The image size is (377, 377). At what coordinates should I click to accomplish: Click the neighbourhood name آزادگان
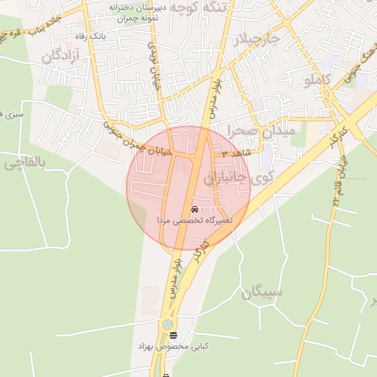click(60, 56)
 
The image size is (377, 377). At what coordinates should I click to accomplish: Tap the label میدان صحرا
click(261, 130)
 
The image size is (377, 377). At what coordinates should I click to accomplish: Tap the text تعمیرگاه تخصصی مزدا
click(194, 220)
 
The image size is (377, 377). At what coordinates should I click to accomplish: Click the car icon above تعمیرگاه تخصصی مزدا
click(194, 209)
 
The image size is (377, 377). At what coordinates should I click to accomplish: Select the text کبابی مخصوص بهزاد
click(172, 346)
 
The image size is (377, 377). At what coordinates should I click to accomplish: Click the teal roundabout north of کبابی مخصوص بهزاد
click(169, 324)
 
